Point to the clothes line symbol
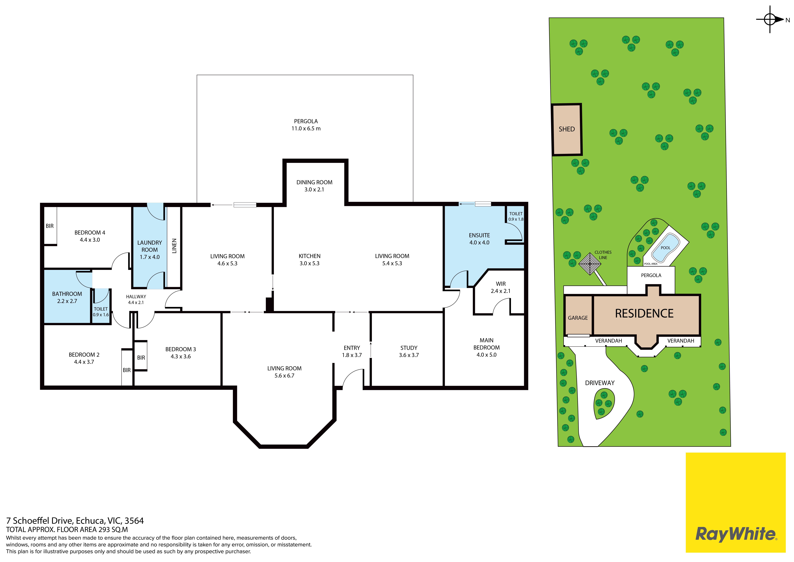[x=590, y=264]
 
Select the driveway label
[x=600, y=383]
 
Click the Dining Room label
[x=314, y=182]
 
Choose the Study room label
[x=409, y=348]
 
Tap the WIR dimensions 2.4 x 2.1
[x=500, y=291]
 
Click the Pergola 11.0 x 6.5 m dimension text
[x=306, y=128]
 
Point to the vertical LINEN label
[x=174, y=246]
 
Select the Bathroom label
[x=67, y=294]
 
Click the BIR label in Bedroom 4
[x=50, y=226]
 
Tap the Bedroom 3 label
[x=181, y=349]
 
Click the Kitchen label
[x=310, y=256]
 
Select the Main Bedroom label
[x=487, y=344]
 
